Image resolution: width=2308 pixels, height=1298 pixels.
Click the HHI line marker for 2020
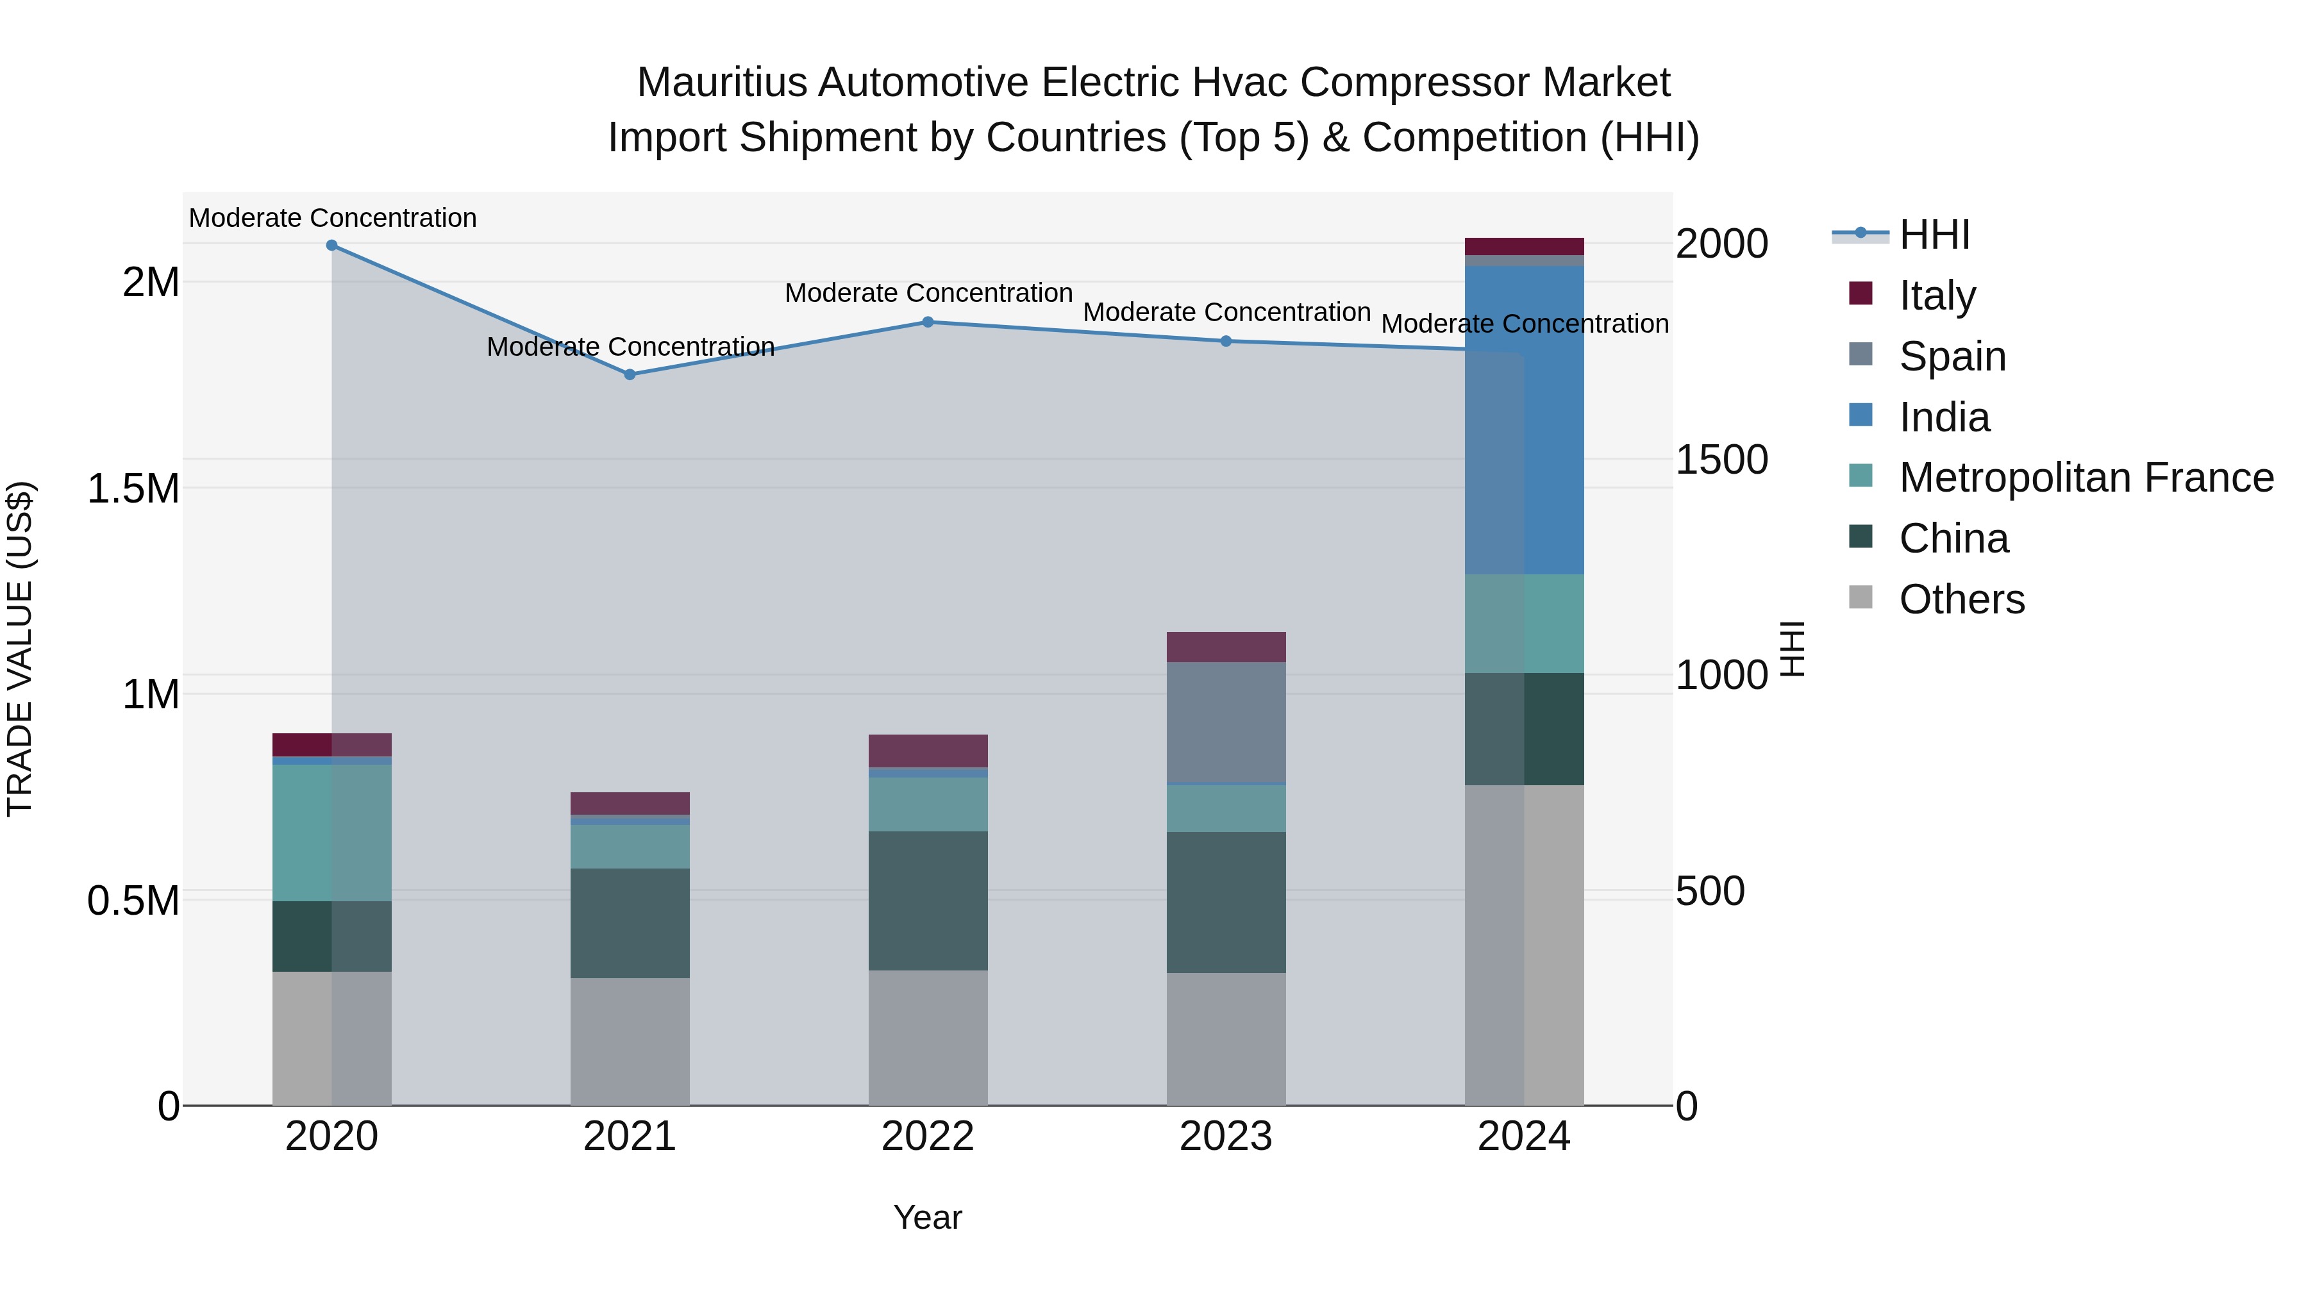click(x=331, y=245)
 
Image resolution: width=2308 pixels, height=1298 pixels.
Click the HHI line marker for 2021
click(x=630, y=374)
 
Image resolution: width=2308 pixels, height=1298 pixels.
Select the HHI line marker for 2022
click(x=928, y=322)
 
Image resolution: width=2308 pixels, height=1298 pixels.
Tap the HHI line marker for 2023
click(x=1226, y=341)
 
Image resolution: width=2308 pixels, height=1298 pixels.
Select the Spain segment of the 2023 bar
click(x=1226, y=722)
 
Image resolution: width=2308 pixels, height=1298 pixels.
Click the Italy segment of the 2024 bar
click(x=1524, y=246)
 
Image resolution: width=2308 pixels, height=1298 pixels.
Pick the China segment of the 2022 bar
click(x=928, y=901)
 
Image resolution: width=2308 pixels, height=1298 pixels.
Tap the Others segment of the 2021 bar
click(x=630, y=1041)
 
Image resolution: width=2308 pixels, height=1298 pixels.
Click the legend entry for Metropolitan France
click(x=2086, y=478)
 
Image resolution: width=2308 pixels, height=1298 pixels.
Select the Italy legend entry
click(x=1937, y=295)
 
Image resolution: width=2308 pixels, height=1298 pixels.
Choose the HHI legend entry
click(x=1934, y=235)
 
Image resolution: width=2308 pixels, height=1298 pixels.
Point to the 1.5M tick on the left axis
click(x=133, y=489)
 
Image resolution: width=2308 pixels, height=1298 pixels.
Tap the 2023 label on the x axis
click(x=1226, y=1136)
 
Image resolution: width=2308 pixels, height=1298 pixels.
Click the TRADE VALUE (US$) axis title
click(x=20, y=649)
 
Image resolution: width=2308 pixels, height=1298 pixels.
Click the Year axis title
click(x=927, y=1217)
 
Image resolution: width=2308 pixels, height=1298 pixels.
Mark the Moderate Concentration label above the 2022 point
click(x=928, y=293)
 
